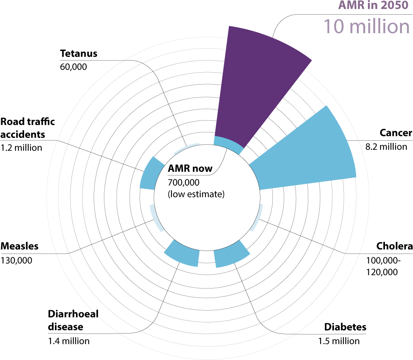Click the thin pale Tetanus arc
[186, 147]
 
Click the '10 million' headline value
[366, 26]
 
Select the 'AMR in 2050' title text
[373, 5]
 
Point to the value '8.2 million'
[386, 147]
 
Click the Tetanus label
[79, 53]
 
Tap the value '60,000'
[73, 67]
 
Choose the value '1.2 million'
[21, 148]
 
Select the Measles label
[19, 246]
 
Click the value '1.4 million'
[69, 341]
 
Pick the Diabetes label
[345, 327]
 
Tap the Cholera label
[394, 246]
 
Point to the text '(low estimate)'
[196, 194]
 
